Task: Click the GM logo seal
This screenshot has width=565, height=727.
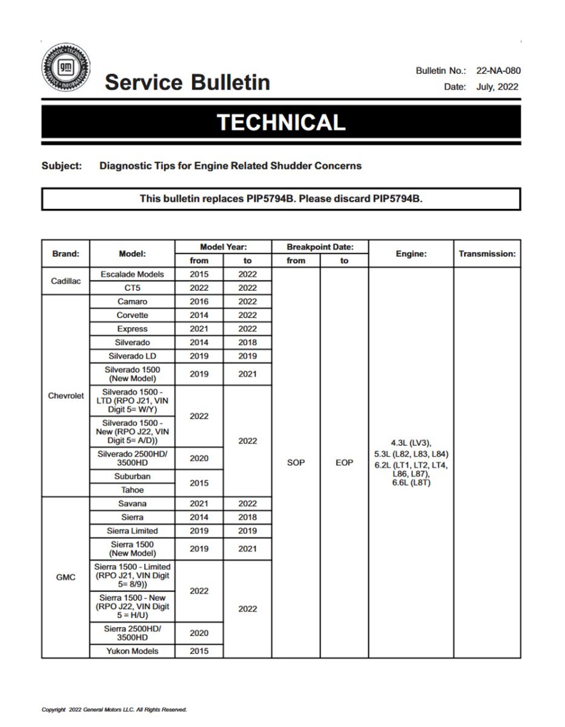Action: coord(67,67)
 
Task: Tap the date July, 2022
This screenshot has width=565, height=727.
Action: coord(497,87)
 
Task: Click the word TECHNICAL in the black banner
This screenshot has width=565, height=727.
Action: coord(281,122)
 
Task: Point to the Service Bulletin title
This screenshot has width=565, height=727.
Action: coord(187,82)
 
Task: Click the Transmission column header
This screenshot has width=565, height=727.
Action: coord(487,254)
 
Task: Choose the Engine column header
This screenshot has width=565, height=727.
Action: coord(411,254)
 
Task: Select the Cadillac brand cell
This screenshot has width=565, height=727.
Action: coord(65,281)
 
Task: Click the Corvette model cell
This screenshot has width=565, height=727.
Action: coord(132,315)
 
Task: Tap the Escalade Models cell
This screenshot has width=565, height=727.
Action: coord(132,274)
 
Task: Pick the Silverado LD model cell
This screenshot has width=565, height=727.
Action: coord(132,356)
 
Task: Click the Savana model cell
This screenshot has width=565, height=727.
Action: coord(132,503)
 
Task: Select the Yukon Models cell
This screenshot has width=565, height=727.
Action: coord(132,651)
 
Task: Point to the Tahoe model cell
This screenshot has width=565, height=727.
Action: coord(132,490)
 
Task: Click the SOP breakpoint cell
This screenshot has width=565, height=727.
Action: coord(296,462)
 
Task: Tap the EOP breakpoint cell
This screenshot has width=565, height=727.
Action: coord(344,462)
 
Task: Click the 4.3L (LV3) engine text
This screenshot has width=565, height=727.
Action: coord(411,443)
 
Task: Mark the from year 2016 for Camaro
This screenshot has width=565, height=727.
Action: coord(199,302)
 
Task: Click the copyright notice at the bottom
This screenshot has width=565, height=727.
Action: coord(114,709)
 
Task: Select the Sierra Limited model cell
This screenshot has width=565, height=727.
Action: coord(132,531)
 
